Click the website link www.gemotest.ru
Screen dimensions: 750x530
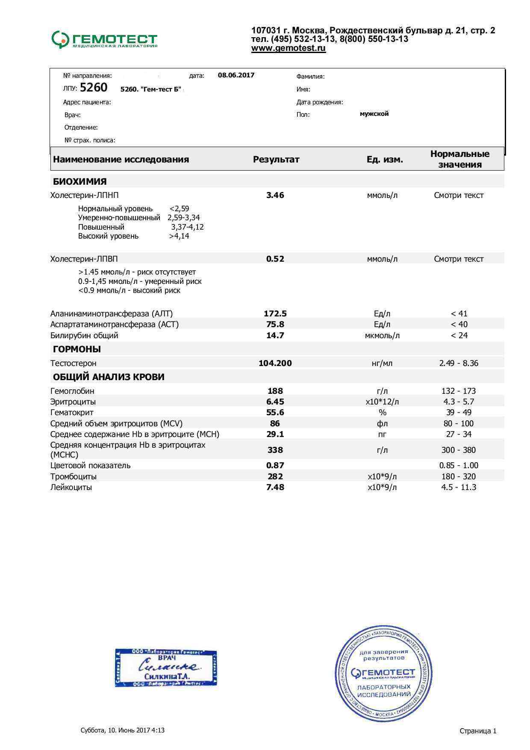pyautogui.click(x=289, y=48)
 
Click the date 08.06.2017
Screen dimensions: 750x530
pyautogui.click(x=236, y=75)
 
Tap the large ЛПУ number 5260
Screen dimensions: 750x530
pyautogui.click(x=94, y=88)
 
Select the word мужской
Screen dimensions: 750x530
pyautogui.click(x=374, y=114)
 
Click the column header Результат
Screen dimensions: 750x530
pyautogui.click(x=276, y=159)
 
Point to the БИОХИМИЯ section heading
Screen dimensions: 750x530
pyautogui.click(x=80, y=181)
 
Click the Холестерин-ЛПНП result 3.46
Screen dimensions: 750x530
pyautogui.click(x=275, y=195)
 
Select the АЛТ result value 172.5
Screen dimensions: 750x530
pyautogui.click(x=275, y=313)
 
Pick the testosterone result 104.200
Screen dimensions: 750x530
pyautogui.click(x=275, y=363)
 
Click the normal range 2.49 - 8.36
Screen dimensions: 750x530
pyautogui.click(x=459, y=363)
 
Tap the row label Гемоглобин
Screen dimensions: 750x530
pyautogui.click(x=72, y=391)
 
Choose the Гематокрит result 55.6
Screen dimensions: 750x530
pyautogui.click(x=275, y=412)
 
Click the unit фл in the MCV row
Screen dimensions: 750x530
pyautogui.click(x=382, y=423)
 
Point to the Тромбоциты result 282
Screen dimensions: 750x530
pyautogui.click(x=275, y=476)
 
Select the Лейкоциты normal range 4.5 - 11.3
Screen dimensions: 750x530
pyautogui.click(x=459, y=487)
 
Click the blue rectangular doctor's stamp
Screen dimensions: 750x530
pyautogui.click(x=166, y=667)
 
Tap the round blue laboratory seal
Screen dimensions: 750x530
pyautogui.click(x=383, y=673)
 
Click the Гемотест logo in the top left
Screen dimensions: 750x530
pyautogui.click(x=105, y=40)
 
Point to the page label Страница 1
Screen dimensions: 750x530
pyautogui.click(x=478, y=731)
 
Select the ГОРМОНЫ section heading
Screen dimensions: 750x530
pyautogui.click(x=77, y=349)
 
